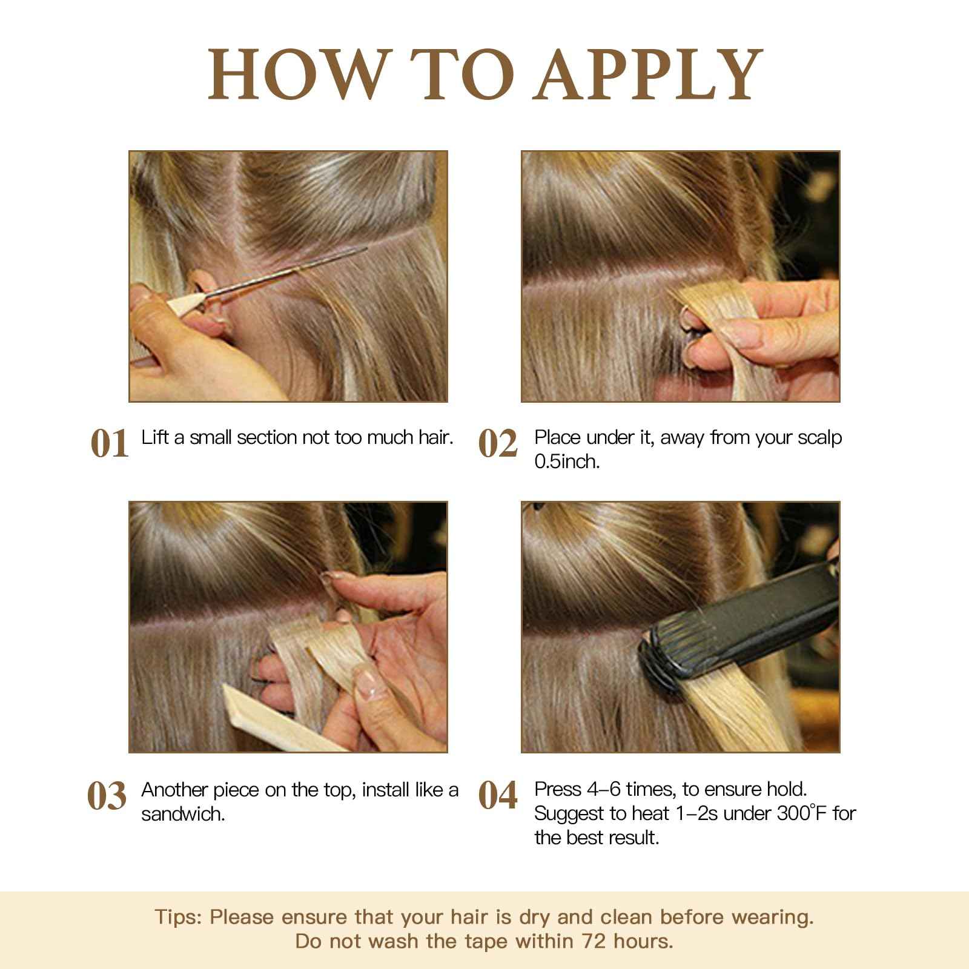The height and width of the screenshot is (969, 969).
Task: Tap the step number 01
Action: tap(110, 443)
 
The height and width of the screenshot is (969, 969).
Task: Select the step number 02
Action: tap(498, 443)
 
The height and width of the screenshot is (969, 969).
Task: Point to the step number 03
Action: tap(107, 795)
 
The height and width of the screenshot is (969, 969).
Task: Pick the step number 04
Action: tap(498, 795)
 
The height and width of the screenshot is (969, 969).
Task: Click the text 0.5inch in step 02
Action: tap(567, 462)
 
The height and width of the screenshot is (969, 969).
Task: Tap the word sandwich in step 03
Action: tap(183, 814)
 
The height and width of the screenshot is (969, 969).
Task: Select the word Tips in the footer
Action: tap(177, 917)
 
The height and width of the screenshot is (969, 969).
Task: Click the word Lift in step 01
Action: tap(154, 437)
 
